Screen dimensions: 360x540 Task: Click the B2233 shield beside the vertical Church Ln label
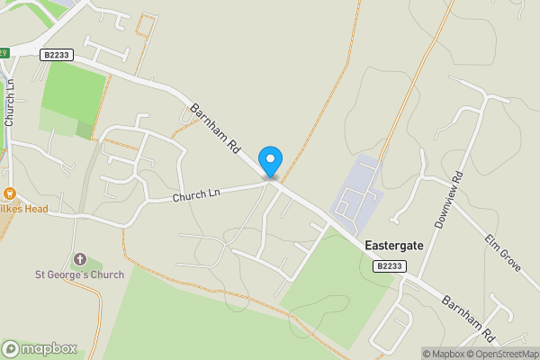(x=57, y=55)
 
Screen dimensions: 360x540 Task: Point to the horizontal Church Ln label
(x=196, y=194)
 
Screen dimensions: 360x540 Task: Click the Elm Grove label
(x=504, y=252)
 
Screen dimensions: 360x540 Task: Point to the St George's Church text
(x=78, y=274)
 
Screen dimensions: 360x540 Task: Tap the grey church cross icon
(x=79, y=259)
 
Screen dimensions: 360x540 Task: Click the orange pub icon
(x=10, y=193)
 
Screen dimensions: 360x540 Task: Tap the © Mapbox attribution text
(x=447, y=354)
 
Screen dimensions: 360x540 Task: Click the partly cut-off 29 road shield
(x=4, y=53)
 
